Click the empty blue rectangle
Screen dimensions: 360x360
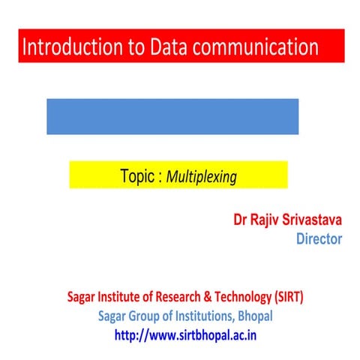point(172,116)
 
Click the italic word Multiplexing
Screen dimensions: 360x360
point(201,178)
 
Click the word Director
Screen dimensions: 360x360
point(319,239)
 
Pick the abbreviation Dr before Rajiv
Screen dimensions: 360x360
point(241,221)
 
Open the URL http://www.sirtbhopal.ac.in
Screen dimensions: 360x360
point(185,334)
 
